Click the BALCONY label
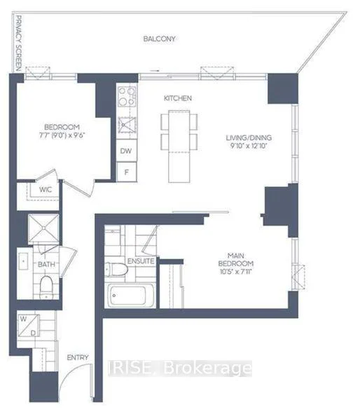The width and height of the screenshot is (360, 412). tap(160, 39)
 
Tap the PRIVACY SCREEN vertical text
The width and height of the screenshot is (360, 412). tap(18, 43)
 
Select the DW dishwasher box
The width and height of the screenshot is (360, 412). tap(126, 151)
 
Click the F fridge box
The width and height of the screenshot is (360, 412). tap(127, 172)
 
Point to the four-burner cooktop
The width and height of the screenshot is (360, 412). tap(127, 97)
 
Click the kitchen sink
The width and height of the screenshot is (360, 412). tap(127, 125)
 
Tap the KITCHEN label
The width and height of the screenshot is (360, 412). tap(178, 98)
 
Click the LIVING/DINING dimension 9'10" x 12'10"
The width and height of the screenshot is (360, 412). tap(249, 146)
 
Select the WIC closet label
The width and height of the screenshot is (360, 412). tap(46, 190)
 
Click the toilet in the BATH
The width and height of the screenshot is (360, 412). tap(46, 287)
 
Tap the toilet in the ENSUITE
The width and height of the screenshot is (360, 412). tap(116, 269)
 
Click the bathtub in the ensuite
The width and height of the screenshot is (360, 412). tap(130, 296)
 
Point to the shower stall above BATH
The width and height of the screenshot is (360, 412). tap(43, 228)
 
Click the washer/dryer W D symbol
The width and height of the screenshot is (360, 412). tap(29, 326)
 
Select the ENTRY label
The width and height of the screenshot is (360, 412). tap(78, 357)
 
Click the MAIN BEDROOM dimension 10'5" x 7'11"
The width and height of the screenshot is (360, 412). tap(236, 272)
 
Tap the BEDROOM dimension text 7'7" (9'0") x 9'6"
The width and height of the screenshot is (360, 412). tap(62, 136)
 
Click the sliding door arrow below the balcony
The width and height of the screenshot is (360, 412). tap(155, 71)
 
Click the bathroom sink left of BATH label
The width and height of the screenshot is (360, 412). tap(23, 261)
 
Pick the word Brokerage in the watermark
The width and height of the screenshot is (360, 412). tap(207, 368)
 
